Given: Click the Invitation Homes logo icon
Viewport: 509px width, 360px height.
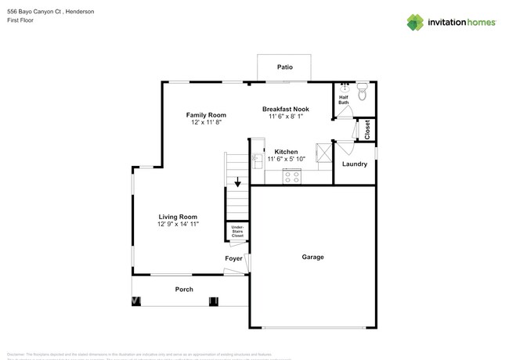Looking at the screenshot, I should coord(415,22).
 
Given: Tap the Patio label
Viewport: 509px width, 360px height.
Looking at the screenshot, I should coord(285,67).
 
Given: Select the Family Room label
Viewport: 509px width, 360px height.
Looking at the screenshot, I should coord(206,115).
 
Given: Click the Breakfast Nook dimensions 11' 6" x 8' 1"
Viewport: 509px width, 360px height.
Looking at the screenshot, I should coord(285,116).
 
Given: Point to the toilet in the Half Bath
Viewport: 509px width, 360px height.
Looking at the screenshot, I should coord(362,94).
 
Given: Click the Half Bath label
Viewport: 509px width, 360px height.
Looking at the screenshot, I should coord(344,99).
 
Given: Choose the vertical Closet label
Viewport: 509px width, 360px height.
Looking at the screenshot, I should coord(367,130).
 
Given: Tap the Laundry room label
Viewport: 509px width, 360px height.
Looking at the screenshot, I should coord(355,164).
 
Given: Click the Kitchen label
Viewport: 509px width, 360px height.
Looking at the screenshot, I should coord(286,151).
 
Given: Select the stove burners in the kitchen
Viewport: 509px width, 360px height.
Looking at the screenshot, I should coord(291,178).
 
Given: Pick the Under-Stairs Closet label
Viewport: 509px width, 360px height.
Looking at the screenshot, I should coord(236,231).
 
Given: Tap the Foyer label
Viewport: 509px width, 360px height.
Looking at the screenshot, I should coord(233,258).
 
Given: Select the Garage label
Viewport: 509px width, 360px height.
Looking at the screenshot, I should coord(313,257).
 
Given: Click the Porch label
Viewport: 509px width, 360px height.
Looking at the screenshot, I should coord(184,290).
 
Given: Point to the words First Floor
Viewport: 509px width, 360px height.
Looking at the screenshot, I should coord(21,22).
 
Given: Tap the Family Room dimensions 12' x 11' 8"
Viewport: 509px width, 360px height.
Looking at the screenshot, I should coord(206,123).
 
